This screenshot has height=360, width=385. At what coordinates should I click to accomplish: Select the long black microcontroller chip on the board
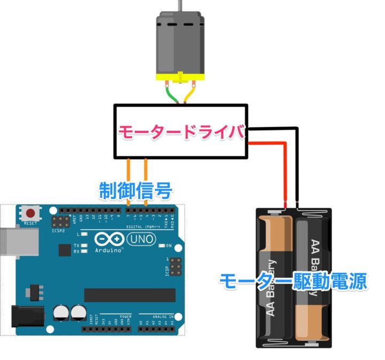(129, 295)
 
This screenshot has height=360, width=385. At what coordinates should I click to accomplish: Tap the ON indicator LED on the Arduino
(161, 246)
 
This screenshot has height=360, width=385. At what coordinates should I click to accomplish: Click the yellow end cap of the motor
(180, 76)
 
